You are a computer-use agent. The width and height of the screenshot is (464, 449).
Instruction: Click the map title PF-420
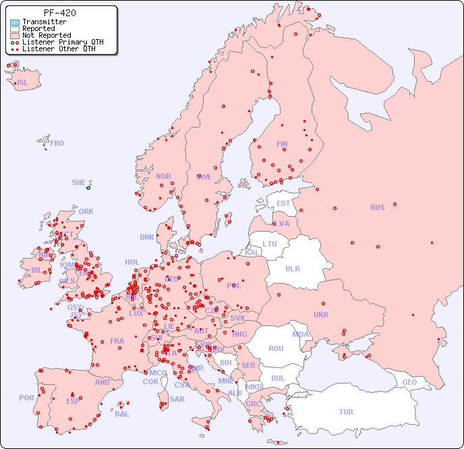[x=59, y=13]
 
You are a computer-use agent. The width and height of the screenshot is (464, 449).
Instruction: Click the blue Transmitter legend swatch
[x=15, y=22]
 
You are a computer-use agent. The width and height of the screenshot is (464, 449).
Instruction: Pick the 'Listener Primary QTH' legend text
[x=63, y=42]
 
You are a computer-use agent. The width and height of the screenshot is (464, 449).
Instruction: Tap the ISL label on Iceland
[x=22, y=83]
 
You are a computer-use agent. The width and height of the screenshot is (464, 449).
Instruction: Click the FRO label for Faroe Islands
[x=57, y=143]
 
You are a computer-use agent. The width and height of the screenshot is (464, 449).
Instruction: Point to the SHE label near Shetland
[x=78, y=182]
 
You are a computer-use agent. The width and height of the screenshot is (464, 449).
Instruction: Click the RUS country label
[x=377, y=207]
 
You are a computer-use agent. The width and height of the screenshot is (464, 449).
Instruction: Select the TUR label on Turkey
[x=346, y=412]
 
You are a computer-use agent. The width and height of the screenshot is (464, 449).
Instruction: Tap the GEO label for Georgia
[x=409, y=382]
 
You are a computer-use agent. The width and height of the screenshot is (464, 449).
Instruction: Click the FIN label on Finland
[x=282, y=144]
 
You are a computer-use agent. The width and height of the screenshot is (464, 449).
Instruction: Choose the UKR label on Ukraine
[x=321, y=315]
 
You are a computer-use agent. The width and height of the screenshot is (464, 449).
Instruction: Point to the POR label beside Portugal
[x=26, y=398]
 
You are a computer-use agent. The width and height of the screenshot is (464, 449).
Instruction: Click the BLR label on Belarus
[x=292, y=268]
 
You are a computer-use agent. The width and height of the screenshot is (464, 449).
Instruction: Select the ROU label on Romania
[x=276, y=348]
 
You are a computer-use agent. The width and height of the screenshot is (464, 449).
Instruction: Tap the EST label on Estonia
[x=283, y=203]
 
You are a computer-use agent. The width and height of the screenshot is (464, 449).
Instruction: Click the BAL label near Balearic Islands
[x=121, y=414]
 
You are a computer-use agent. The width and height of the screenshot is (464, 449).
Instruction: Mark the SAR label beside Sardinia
[x=177, y=399]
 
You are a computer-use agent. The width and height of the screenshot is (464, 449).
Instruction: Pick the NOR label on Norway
[x=163, y=176]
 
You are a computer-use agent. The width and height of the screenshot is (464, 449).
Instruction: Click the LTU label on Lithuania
[x=270, y=244]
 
